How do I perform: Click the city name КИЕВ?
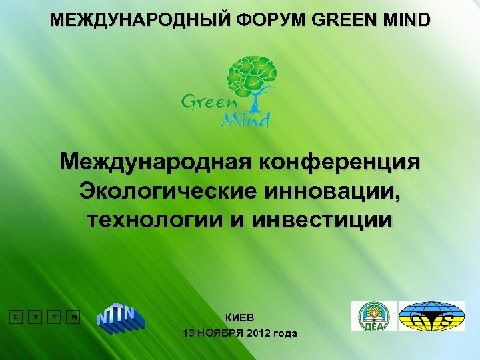(x=240, y=317)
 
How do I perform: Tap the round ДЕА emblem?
(x=373, y=316)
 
